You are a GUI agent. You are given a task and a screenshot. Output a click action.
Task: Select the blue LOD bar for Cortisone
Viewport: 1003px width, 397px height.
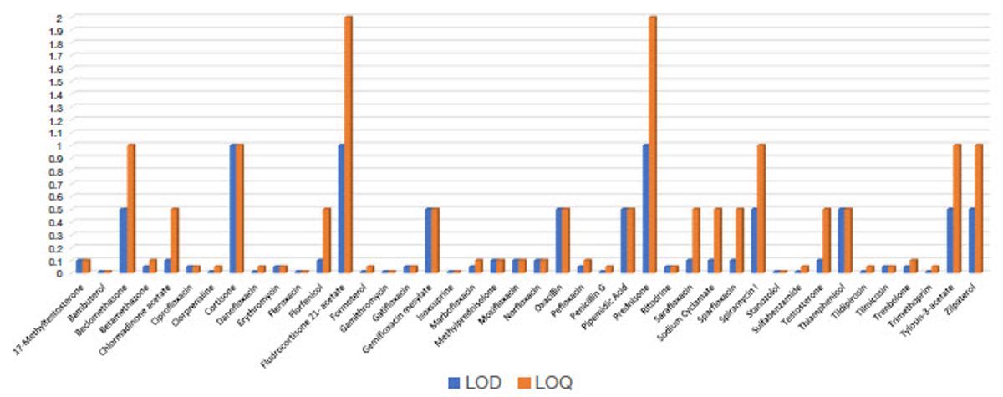233,208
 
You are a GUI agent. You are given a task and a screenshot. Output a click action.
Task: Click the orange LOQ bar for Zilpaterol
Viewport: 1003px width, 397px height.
979,208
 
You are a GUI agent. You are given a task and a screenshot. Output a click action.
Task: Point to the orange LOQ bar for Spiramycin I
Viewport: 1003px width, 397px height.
761,208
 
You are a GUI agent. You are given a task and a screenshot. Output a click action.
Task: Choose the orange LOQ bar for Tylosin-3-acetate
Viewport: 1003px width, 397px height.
957,208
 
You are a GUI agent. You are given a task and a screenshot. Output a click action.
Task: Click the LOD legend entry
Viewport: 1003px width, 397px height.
475,382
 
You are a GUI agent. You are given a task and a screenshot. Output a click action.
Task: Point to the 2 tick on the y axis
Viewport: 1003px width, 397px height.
58,17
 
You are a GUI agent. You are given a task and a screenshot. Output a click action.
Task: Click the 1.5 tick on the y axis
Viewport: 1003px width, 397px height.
55,81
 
